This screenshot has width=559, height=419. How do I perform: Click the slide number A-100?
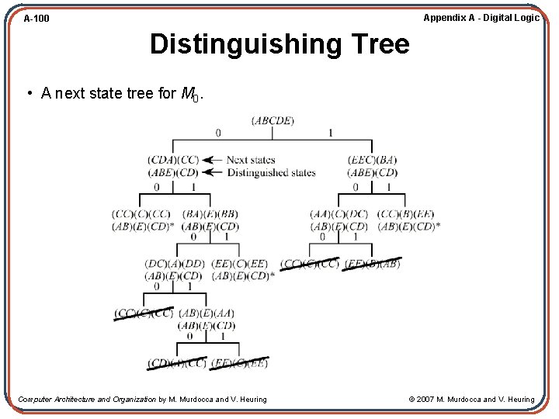(36, 18)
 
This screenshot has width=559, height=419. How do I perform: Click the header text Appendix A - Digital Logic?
(481, 18)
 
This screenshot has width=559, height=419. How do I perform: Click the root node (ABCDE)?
(273, 120)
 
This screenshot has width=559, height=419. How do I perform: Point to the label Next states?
(248, 160)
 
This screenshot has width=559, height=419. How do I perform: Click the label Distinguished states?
(271, 172)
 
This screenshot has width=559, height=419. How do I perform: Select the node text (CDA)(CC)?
(173, 160)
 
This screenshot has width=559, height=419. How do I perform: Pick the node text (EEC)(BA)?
(373, 160)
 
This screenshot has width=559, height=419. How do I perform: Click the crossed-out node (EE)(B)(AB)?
(373, 264)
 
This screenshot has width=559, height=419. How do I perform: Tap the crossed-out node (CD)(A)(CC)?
(178, 363)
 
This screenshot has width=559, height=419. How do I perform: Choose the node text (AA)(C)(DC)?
(339, 214)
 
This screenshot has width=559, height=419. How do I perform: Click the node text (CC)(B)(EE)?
(405, 214)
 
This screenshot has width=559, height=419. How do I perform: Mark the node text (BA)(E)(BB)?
(210, 214)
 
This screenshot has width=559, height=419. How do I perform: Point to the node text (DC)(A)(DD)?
(174, 264)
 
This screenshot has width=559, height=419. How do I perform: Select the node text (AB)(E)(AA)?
(207, 313)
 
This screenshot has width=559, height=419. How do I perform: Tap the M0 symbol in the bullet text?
(189, 95)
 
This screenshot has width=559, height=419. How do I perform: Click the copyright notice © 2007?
(471, 400)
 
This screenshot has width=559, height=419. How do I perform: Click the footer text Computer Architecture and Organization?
(87, 400)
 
